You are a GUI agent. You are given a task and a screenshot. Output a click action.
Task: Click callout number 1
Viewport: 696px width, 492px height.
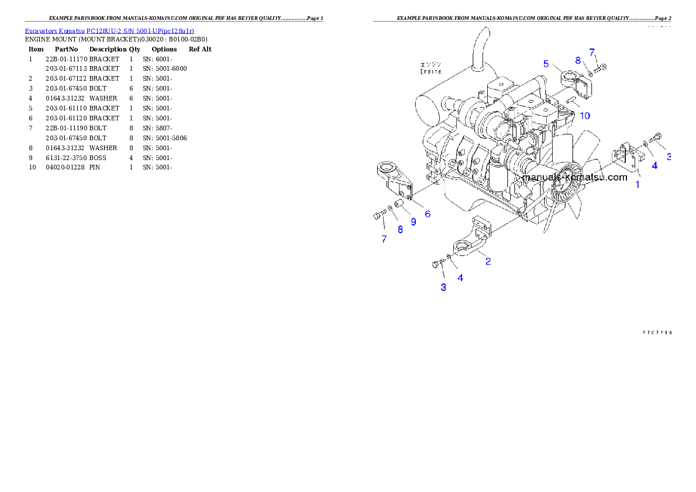638,185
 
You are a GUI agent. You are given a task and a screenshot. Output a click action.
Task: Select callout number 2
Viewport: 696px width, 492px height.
488,261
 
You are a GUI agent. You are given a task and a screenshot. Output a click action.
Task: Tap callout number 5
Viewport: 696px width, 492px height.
546,63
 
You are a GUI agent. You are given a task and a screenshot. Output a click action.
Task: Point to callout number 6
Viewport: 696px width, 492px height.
428,214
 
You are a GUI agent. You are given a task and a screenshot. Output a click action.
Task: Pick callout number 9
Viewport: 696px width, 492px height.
413,222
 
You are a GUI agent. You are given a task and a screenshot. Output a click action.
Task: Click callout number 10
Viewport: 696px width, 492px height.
584,115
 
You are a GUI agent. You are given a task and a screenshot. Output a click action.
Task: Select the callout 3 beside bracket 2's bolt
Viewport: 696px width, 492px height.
443,287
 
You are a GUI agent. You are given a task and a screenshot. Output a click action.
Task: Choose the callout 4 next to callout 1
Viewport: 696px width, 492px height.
654,165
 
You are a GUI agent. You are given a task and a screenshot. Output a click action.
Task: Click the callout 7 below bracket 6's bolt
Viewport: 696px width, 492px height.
384,238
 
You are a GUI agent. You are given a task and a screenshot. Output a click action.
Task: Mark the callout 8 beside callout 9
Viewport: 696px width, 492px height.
400,230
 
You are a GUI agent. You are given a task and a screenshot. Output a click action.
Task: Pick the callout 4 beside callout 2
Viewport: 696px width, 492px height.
460,278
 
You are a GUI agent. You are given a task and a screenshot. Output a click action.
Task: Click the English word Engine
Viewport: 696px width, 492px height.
430,71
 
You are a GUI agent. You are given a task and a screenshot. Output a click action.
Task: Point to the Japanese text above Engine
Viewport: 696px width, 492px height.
431,64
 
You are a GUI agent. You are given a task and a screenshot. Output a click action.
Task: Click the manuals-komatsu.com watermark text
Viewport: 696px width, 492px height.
574,177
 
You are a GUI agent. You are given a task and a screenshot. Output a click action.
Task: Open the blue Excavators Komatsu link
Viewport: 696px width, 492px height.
109,30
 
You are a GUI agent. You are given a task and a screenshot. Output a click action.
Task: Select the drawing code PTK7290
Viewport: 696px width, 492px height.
655,332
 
